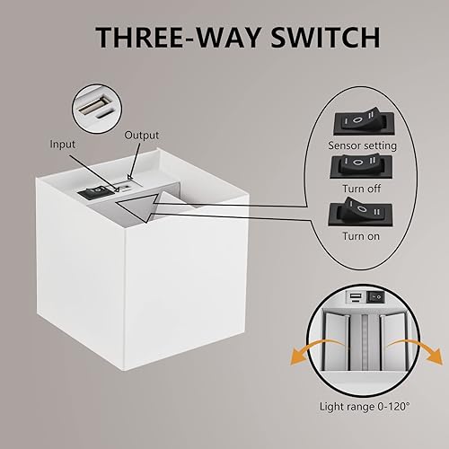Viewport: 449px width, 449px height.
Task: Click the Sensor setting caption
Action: coord(358,144)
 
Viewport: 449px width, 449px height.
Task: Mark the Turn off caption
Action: coord(358,189)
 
